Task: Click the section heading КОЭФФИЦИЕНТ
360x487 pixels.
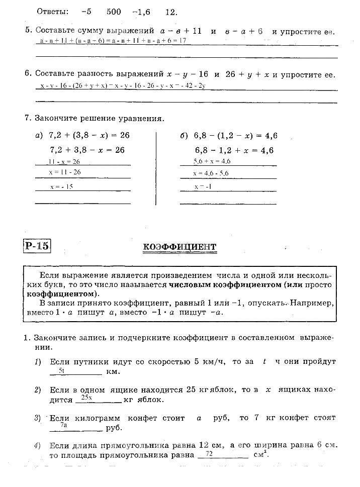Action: pos(179,247)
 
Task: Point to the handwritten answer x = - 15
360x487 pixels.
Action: pos(62,186)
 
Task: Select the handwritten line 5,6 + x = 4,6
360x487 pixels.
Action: pos(212,161)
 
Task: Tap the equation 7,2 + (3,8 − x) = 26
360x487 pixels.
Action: pos(89,136)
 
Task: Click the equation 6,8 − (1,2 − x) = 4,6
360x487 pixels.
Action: pos(235,136)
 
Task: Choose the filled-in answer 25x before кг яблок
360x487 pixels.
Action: pos(86,397)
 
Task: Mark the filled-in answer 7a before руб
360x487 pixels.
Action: pos(64,425)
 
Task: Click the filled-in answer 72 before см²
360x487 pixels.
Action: pos(210,453)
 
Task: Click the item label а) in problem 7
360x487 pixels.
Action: pos(39,136)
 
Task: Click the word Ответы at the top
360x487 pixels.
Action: pos(53,11)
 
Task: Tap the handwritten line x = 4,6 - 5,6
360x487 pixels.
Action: pos(211,173)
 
